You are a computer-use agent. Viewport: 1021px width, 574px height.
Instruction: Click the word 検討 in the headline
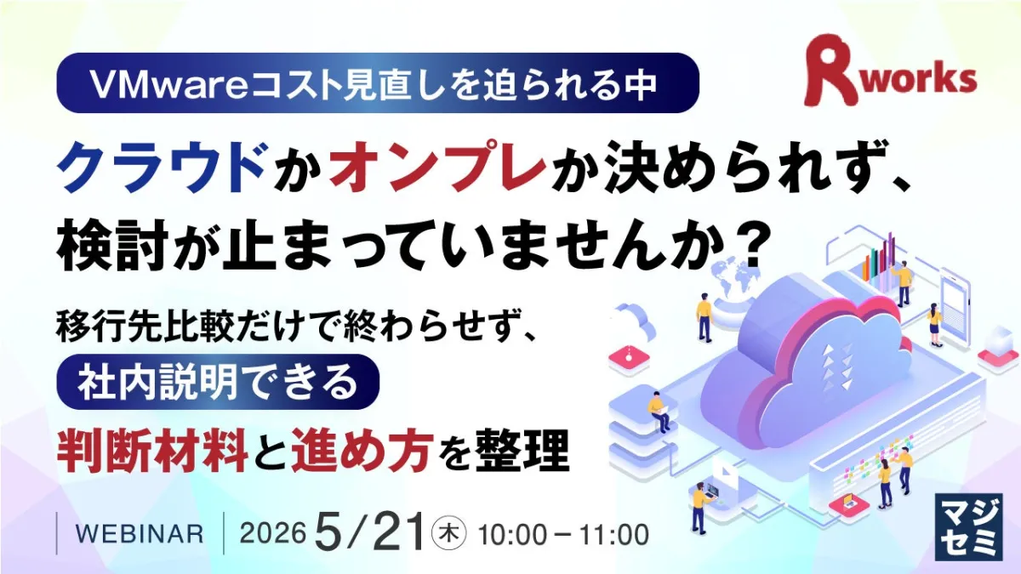point(111,245)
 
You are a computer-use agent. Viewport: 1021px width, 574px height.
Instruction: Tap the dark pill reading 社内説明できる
point(218,382)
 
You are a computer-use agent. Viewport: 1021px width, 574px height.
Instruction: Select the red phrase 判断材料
point(152,449)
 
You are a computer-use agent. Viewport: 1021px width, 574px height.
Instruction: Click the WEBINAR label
point(140,534)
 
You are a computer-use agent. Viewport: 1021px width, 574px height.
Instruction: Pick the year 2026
point(272,533)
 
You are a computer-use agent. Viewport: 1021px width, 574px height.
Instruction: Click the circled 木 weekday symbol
point(449,534)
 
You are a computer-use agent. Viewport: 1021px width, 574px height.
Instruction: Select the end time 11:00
point(614,534)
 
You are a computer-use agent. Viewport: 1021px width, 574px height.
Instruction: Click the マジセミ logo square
point(968,526)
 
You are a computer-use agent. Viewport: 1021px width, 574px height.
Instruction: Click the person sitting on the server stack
point(659,412)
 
